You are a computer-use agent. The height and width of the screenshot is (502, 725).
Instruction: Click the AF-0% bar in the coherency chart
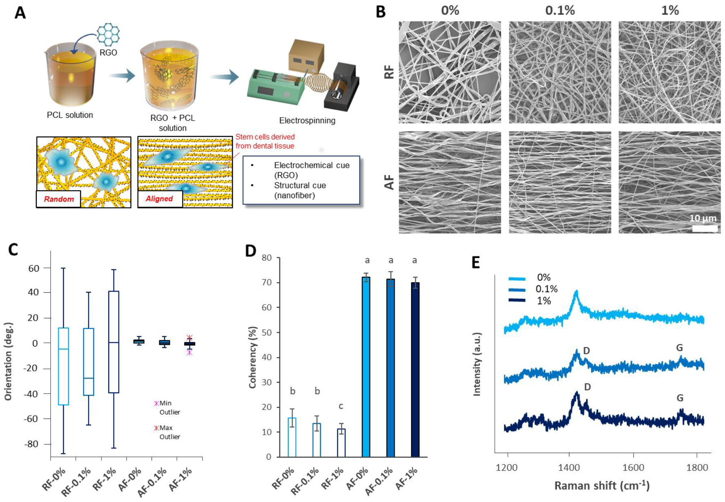(366, 366)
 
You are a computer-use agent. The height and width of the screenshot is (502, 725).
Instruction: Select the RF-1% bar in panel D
(341, 443)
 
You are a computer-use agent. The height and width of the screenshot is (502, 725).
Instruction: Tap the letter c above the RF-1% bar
(341, 406)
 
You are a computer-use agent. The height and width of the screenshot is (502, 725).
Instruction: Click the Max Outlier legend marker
(156, 428)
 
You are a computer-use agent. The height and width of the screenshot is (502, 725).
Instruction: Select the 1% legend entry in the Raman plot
(529, 301)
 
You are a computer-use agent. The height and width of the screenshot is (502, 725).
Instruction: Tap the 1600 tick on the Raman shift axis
(633, 467)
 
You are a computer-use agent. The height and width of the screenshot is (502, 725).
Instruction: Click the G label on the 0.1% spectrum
(679, 348)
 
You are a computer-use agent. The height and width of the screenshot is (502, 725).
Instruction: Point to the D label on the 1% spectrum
(587, 387)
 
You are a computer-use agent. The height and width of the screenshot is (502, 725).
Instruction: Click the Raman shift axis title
(602, 485)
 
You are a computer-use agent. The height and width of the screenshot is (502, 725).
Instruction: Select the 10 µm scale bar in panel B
(705, 228)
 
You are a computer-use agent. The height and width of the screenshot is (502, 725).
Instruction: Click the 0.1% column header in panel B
(560, 11)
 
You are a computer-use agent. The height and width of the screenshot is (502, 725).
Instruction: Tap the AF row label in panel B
(389, 182)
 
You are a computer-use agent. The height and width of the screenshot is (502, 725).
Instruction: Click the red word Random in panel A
(59, 199)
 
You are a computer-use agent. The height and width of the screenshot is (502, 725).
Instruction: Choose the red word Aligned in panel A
(159, 199)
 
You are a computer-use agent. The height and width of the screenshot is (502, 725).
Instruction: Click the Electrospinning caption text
(307, 121)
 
